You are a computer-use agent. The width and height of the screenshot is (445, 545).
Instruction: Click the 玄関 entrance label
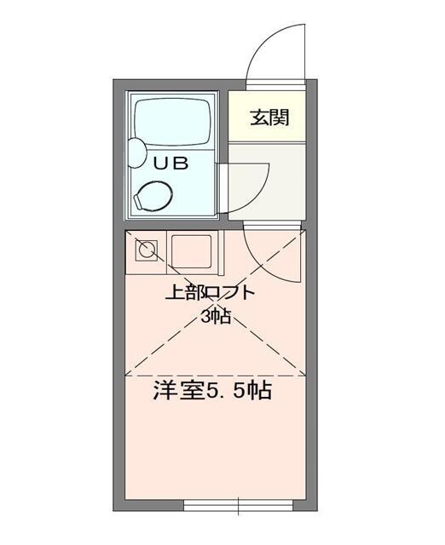(x=268, y=118)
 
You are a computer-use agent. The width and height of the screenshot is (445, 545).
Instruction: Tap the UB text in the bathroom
(x=166, y=162)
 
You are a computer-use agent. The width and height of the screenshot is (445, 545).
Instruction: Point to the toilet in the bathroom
(x=156, y=195)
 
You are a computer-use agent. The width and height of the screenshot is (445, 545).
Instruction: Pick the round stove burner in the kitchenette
(x=147, y=250)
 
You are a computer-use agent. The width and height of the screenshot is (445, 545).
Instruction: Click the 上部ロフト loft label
(x=210, y=295)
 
